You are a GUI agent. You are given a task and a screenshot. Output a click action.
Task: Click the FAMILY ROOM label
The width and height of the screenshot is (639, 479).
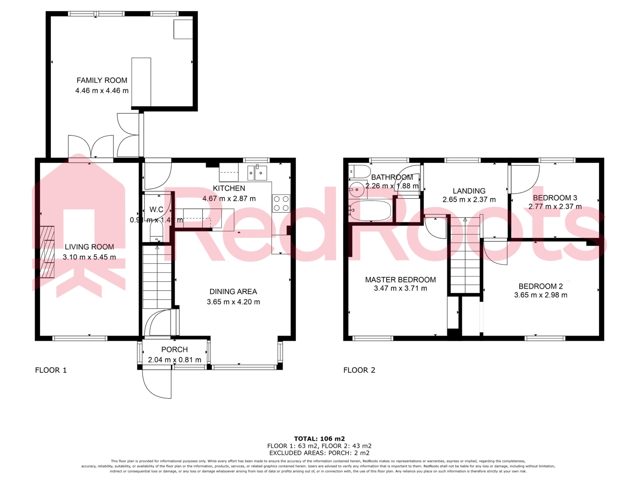pos(102,80)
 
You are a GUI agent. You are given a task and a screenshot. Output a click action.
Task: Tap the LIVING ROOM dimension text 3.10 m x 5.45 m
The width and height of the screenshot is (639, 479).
pos(89,257)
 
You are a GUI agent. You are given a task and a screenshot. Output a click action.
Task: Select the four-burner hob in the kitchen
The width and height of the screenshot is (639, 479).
pos(281,203)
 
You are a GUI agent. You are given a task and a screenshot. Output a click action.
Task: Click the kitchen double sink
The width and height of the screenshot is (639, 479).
pos(257,173)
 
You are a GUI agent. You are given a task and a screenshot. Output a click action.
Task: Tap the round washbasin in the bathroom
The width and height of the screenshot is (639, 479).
pos(356,190)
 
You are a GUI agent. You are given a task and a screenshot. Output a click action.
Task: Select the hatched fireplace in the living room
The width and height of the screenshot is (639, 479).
pos(47,252)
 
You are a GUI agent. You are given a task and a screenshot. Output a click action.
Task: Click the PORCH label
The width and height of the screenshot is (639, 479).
pos(174,350)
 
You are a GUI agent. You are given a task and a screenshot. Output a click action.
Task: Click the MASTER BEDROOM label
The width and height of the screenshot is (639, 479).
pos(400,280)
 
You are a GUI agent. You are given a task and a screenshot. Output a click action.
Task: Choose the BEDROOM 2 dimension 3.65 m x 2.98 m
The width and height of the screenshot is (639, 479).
pos(541,295)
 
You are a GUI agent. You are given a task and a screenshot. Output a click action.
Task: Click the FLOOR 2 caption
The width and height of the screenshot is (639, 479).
pos(359,370)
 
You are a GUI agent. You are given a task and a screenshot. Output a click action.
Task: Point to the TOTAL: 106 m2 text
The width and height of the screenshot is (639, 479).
pos(319,439)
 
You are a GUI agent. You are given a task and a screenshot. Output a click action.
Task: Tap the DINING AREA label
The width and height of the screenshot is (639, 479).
pos(233,292)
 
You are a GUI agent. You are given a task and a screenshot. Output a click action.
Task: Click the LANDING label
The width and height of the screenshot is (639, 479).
pos(469,191)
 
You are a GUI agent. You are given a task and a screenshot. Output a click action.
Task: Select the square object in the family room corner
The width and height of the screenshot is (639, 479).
pos(183,29)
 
